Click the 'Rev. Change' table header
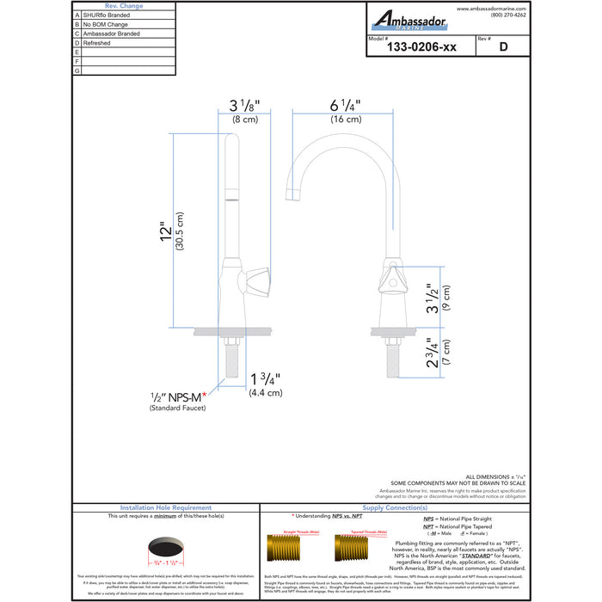coord(124,5)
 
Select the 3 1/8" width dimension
coord(243,106)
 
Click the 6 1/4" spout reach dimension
coord(344,106)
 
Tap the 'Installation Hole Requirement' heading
coord(166,507)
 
